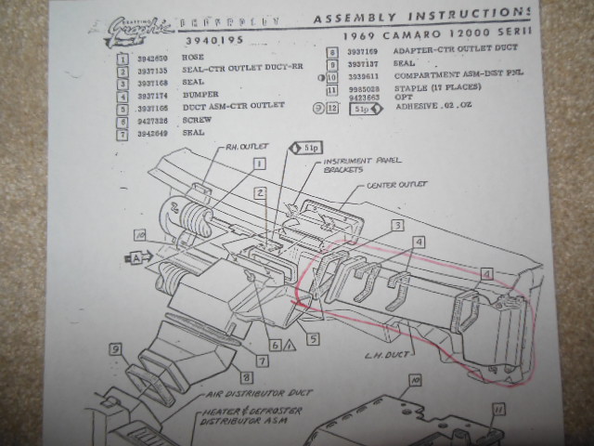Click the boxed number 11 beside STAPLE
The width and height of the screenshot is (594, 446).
(331, 90)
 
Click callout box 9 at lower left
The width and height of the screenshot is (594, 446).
(116, 349)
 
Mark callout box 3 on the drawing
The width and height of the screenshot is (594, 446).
(395, 226)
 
